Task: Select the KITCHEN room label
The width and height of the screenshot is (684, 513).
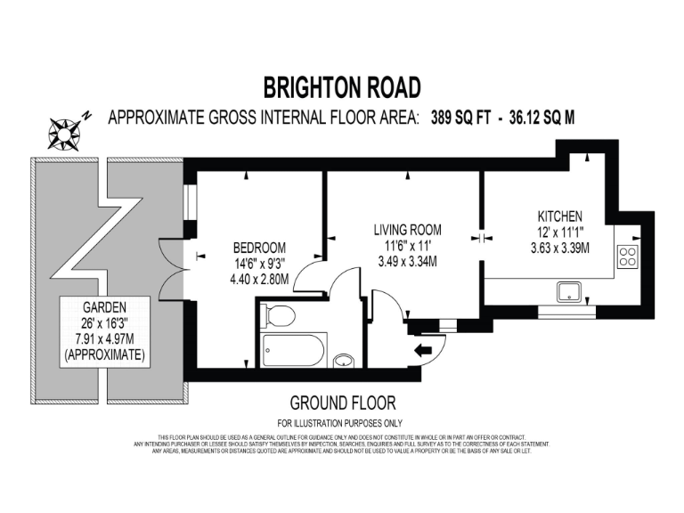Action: [559, 216]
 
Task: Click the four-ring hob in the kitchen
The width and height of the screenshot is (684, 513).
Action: [629, 257]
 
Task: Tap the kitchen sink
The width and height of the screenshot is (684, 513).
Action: [567, 290]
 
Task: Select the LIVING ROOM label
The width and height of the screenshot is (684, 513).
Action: [407, 230]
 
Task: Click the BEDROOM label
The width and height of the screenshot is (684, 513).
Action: [259, 247]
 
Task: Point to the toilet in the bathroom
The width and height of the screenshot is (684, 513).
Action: [279, 315]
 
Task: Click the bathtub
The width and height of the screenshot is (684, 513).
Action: [295, 349]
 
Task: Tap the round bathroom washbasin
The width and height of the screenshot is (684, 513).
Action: [344, 362]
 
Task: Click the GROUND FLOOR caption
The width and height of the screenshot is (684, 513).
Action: [342, 403]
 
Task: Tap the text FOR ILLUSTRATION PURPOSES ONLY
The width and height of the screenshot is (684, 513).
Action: [341, 422]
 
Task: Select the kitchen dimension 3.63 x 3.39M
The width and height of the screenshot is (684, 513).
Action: [559, 248]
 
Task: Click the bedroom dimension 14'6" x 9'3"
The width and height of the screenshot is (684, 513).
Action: [259, 263]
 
